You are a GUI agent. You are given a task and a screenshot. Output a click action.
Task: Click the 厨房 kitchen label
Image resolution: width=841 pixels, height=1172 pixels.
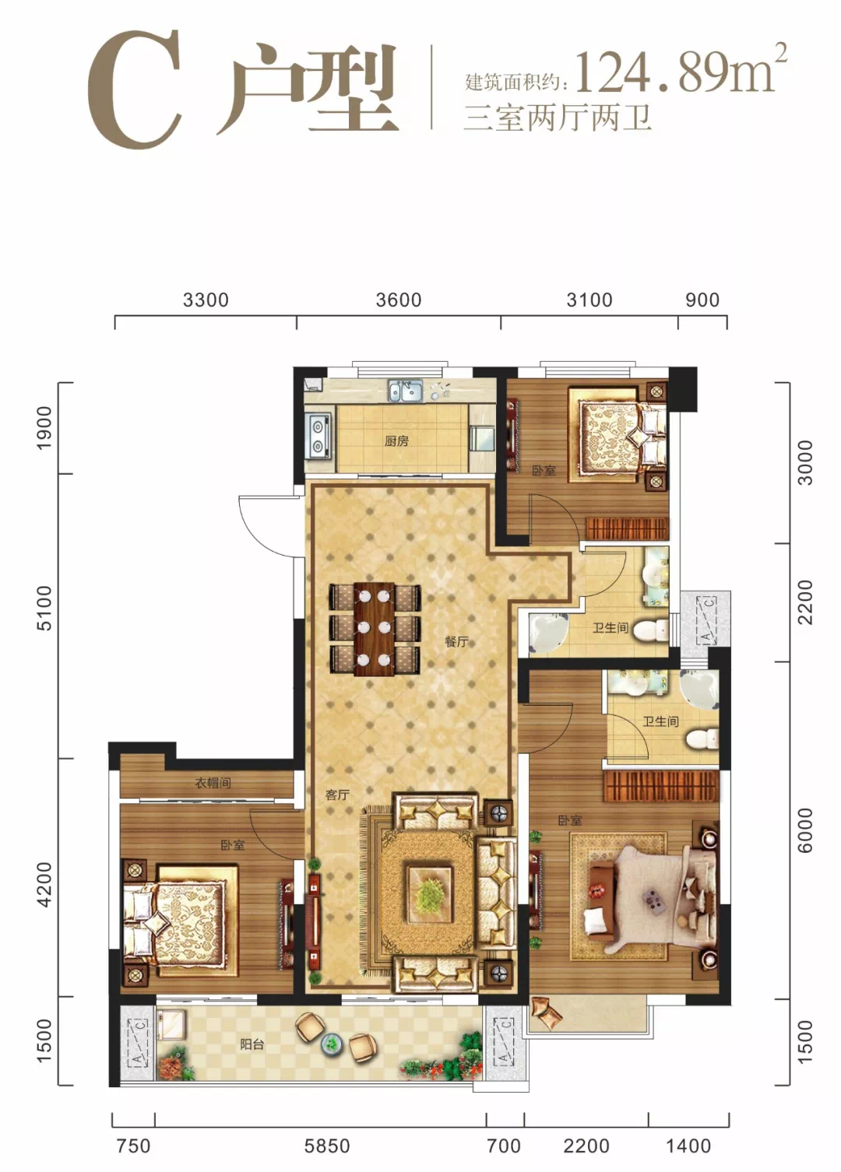[x=396, y=441]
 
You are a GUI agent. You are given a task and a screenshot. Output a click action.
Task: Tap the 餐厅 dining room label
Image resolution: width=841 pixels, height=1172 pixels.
[x=456, y=641]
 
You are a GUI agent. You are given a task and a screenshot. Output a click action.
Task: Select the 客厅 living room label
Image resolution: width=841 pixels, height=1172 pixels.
[x=337, y=795]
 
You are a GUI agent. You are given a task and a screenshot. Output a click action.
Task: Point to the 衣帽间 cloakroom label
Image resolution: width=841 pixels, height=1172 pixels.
[x=213, y=783]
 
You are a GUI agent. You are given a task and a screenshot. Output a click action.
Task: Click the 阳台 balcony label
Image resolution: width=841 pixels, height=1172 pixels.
[x=252, y=1044]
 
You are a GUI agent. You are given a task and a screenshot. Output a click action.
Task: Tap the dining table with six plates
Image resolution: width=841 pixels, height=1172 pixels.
[x=374, y=628]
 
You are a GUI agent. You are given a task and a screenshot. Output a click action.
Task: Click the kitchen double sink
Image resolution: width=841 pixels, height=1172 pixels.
[x=405, y=391]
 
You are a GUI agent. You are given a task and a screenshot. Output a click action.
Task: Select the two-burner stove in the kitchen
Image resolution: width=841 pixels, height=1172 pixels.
[x=318, y=435]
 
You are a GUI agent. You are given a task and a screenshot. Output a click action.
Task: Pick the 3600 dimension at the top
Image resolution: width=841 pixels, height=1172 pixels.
[x=399, y=300]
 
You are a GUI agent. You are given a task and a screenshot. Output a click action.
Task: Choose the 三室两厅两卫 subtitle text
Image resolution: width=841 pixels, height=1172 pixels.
[x=558, y=118]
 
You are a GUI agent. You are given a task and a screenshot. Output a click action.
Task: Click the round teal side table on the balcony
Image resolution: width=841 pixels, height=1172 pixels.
[x=330, y=1043]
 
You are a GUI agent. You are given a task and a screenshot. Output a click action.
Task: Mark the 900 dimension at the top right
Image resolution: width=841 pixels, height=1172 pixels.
[x=702, y=300]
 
